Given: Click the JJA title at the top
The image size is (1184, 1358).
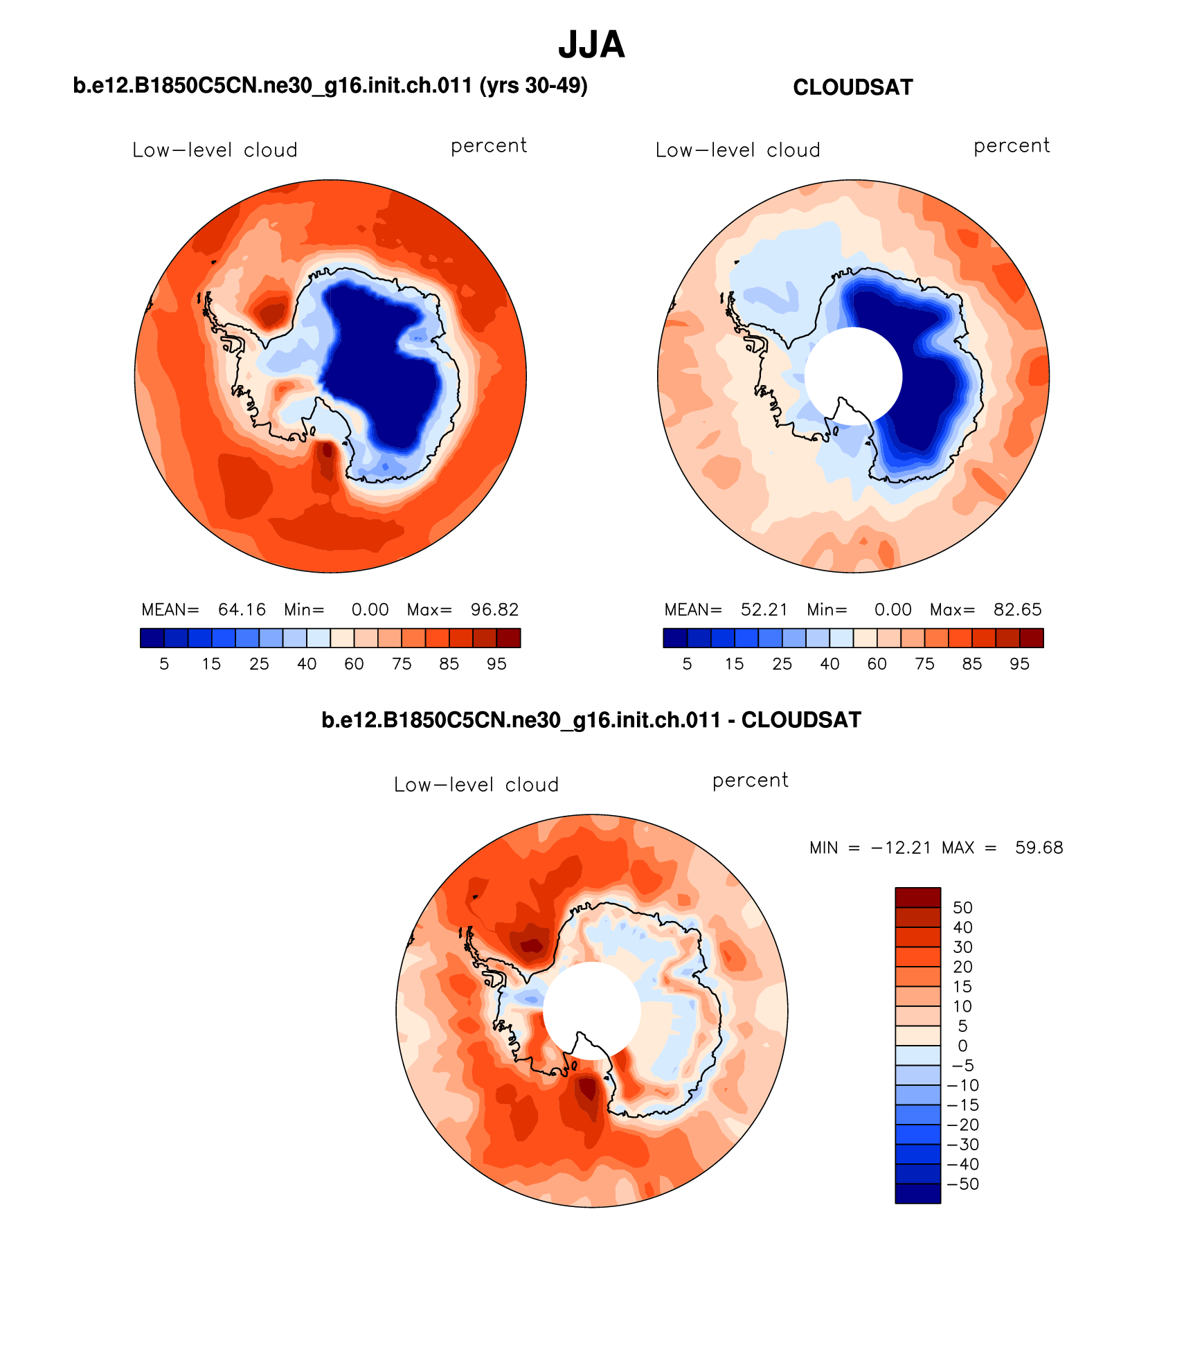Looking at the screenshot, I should [x=591, y=45].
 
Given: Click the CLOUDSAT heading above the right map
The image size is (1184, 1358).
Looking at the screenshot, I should [x=852, y=87].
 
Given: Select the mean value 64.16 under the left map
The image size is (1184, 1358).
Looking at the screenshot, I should [x=242, y=609].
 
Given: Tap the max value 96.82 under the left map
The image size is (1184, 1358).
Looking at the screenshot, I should [x=494, y=609].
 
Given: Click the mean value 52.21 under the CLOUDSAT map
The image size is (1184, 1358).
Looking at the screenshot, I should [x=764, y=609].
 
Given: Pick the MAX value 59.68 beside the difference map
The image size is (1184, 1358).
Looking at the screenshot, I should [x=1039, y=848].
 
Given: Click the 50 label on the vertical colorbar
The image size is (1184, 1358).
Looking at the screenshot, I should [x=962, y=908].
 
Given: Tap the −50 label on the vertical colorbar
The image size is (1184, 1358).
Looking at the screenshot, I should [x=962, y=1184].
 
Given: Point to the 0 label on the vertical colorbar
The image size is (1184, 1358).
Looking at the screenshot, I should [x=962, y=1046].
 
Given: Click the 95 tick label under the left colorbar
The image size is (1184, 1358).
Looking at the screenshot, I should [x=496, y=664].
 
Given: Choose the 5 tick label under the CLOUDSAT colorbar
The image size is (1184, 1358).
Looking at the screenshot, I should [x=687, y=664].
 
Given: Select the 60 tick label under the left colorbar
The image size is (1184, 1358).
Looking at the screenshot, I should [x=354, y=664].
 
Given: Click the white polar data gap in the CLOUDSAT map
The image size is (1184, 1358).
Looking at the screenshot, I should [x=853, y=375].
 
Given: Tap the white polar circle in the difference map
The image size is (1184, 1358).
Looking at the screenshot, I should [x=591, y=1010].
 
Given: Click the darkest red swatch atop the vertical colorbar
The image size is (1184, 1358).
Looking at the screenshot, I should [x=917, y=897].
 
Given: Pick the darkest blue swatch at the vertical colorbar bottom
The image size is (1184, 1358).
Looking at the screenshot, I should [x=917, y=1194].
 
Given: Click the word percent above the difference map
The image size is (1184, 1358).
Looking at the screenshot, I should [x=750, y=780].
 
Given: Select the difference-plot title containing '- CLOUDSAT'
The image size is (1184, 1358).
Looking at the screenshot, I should [x=591, y=720].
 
